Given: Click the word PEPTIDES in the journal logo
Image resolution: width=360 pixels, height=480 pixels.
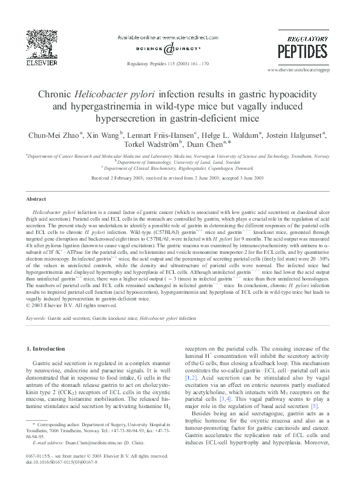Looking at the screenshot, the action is click(x=303, y=51).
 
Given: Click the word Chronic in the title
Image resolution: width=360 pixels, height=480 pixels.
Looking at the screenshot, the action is click(x=56, y=95).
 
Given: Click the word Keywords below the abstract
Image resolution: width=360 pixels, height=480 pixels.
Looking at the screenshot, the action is click(x=35, y=317).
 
